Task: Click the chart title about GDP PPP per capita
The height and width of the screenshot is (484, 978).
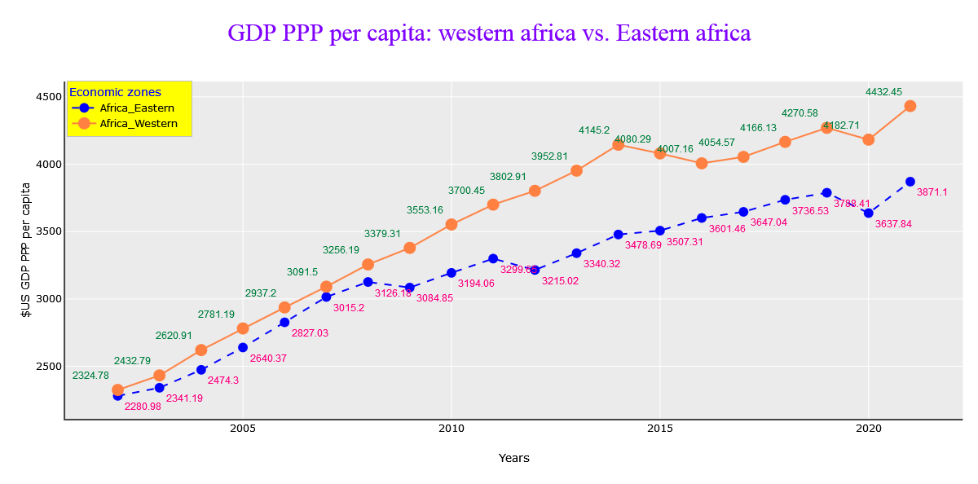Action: pos(489,33)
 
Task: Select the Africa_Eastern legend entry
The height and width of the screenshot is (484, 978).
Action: pos(136,108)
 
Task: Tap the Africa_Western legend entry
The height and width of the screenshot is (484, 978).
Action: pos(138,123)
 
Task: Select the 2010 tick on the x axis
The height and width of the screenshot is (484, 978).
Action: pos(451,429)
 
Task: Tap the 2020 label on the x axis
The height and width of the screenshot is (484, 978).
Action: pos(868,429)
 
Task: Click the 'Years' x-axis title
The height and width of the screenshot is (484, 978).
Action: pos(513,458)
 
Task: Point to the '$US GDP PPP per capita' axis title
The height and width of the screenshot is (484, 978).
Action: pos(26,249)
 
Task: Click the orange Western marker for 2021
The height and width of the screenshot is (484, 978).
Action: pos(910,106)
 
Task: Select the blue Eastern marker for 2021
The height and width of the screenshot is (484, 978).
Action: pos(910,182)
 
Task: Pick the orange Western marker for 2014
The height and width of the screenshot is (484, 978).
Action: pos(618,144)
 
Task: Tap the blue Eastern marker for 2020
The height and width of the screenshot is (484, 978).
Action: pos(869,213)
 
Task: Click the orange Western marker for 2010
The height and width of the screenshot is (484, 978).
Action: pos(452,224)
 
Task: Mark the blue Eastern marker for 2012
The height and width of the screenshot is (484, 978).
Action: pos(535,270)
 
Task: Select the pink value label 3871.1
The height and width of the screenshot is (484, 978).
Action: pos(932,192)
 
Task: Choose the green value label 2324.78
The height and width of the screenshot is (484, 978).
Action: pos(90,376)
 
